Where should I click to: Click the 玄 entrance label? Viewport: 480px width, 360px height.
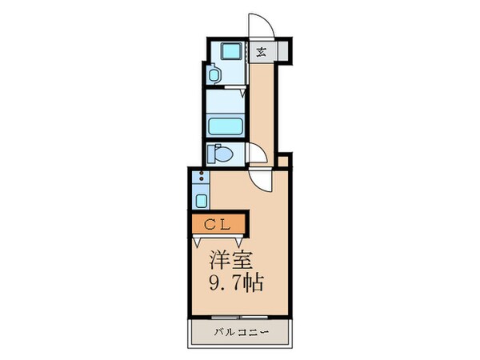(262, 52)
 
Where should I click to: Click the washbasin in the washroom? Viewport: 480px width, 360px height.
(214, 74)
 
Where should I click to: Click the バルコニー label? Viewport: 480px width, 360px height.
(239, 332)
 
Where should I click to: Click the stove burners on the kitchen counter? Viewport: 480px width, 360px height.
(201, 178)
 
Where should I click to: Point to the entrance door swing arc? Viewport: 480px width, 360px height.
(261, 24)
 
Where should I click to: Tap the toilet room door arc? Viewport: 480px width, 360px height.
(257, 152)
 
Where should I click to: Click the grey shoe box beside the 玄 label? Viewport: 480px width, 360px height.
(282, 52)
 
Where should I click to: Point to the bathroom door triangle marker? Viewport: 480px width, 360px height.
(242, 94)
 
